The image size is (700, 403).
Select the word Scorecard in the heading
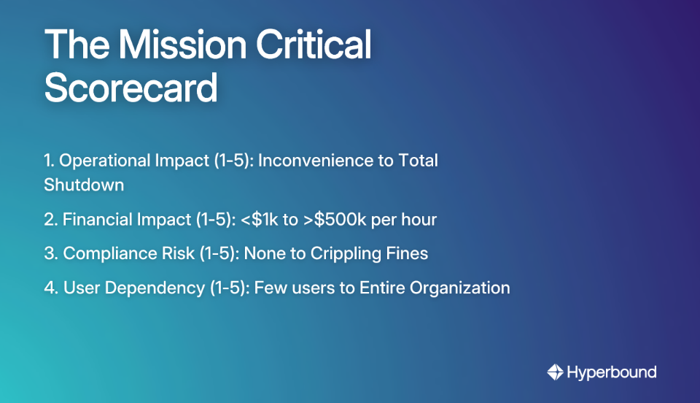[131, 88]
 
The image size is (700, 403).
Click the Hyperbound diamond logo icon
[555, 372]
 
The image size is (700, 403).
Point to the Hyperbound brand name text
[612, 372]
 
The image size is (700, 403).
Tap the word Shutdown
[84, 185]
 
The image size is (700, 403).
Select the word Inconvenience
[316, 161]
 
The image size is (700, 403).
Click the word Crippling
[346, 253]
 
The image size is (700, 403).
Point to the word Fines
[408, 253]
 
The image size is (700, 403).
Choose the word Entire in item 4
[381, 288]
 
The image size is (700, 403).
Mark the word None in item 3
[262, 253]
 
